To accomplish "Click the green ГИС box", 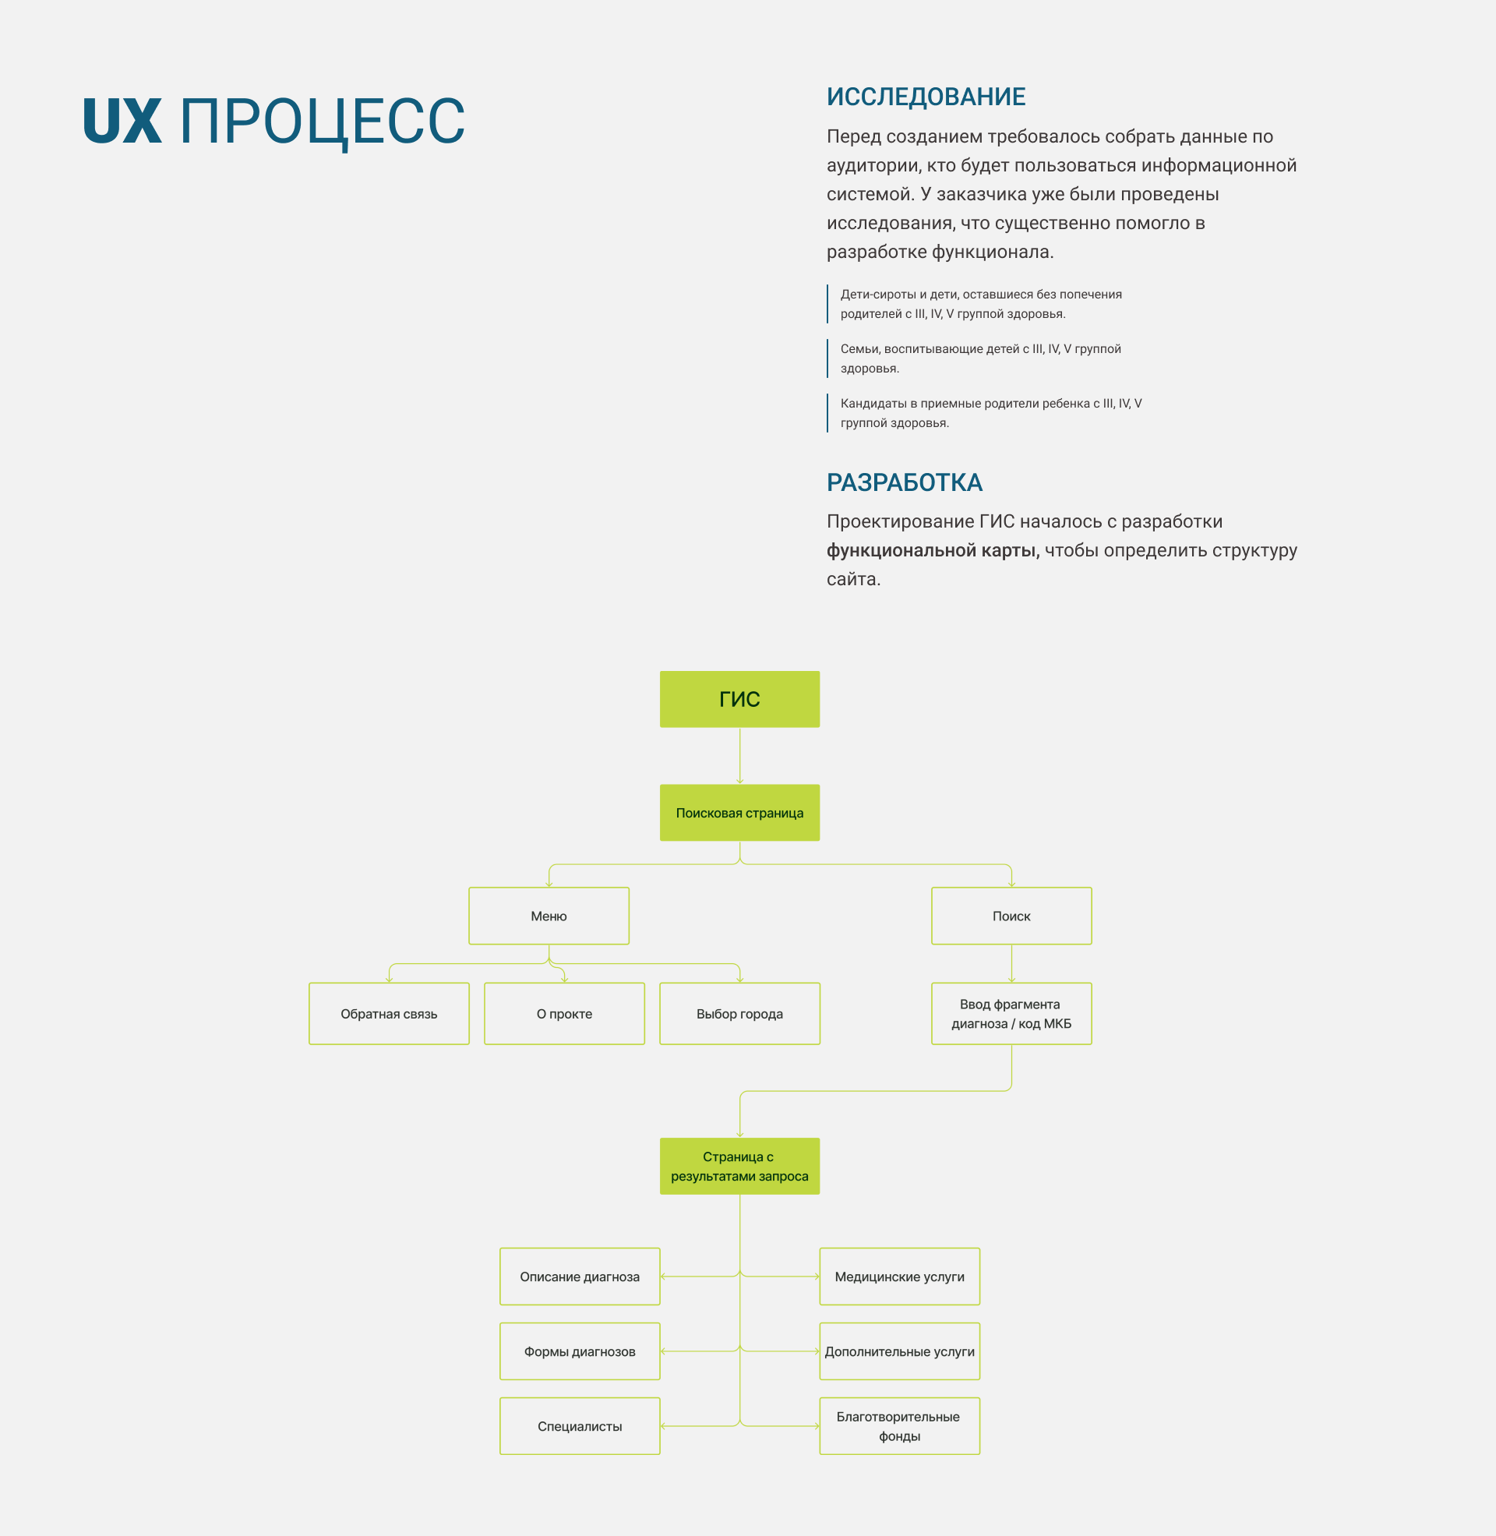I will click(739, 699).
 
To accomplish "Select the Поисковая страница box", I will click(739, 812).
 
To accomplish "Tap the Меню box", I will click(549, 916).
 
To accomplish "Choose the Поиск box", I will click(1011, 916).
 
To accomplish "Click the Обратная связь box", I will click(389, 1014).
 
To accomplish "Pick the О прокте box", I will click(564, 1014).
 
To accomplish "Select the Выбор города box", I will click(739, 1014).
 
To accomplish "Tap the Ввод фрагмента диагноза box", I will click(1011, 1014).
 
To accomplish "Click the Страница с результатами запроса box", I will click(739, 1166).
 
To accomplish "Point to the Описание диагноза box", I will click(580, 1276).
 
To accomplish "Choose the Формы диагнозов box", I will click(580, 1351).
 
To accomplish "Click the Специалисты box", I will click(580, 1426).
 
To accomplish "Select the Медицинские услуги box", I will click(900, 1276).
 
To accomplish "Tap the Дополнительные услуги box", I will click(900, 1351).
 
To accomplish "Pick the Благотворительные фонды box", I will click(900, 1426).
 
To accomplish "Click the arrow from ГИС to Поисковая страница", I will click(739, 756).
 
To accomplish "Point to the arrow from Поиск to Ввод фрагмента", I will click(1011, 963).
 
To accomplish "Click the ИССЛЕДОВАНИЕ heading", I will click(926, 97).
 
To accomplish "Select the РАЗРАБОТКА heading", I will click(905, 482).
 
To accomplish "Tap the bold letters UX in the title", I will click(122, 122).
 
